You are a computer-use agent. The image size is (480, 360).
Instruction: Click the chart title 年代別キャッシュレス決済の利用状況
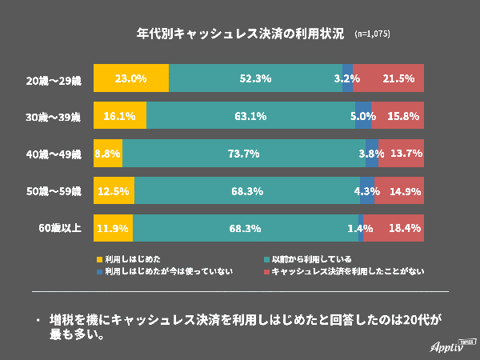[x=240, y=34]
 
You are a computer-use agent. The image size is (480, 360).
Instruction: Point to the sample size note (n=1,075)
[x=372, y=35]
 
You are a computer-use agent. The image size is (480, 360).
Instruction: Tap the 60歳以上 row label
[x=60, y=228]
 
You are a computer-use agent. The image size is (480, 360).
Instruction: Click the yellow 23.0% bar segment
[x=130, y=78]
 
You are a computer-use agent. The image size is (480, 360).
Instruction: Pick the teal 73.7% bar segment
[x=244, y=153]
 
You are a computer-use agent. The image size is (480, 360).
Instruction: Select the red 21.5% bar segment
[x=389, y=78]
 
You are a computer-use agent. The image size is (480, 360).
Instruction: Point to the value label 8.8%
[x=107, y=153]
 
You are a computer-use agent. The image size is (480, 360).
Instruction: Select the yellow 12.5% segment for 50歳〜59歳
[x=114, y=190]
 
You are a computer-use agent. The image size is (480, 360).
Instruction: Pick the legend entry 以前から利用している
[x=311, y=259]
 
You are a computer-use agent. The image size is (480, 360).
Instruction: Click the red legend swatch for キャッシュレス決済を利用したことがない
[x=266, y=272]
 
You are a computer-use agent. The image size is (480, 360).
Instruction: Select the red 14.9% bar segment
[x=398, y=190]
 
